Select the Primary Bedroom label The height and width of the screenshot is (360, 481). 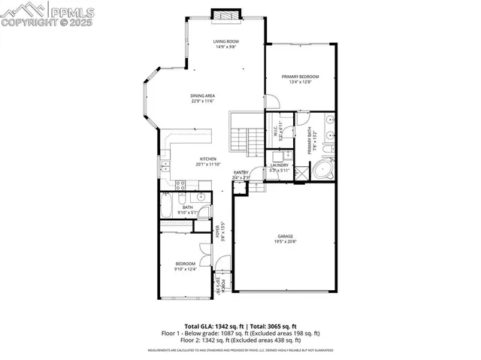pyautogui.click(x=301, y=79)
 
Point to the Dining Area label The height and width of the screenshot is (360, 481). pyautogui.click(x=203, y=98)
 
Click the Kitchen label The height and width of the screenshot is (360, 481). pyautogui.click(x=208, y=161)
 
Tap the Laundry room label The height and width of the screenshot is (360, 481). pyautogui.click(x=280, y=167)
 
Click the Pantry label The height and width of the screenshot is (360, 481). pyautogui.click(x=240, y=174)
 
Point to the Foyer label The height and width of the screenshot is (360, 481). pyautogui.click(x=219, y=231)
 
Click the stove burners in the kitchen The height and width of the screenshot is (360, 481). pyautogui.click(x=181, y=184)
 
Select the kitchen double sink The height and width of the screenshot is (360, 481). pyautogui.click(x=165, y=167)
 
